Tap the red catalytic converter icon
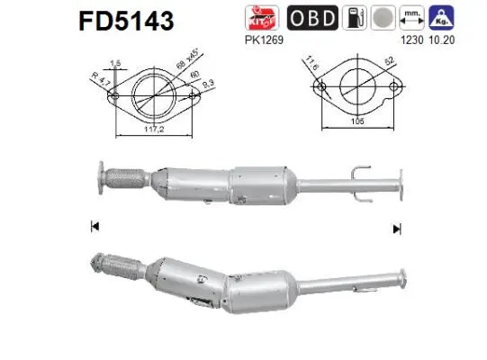tap(258, 18)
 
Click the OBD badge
tap(313, 18)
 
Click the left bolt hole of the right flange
tap(320, 88)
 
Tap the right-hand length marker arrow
tap(395, 229)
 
